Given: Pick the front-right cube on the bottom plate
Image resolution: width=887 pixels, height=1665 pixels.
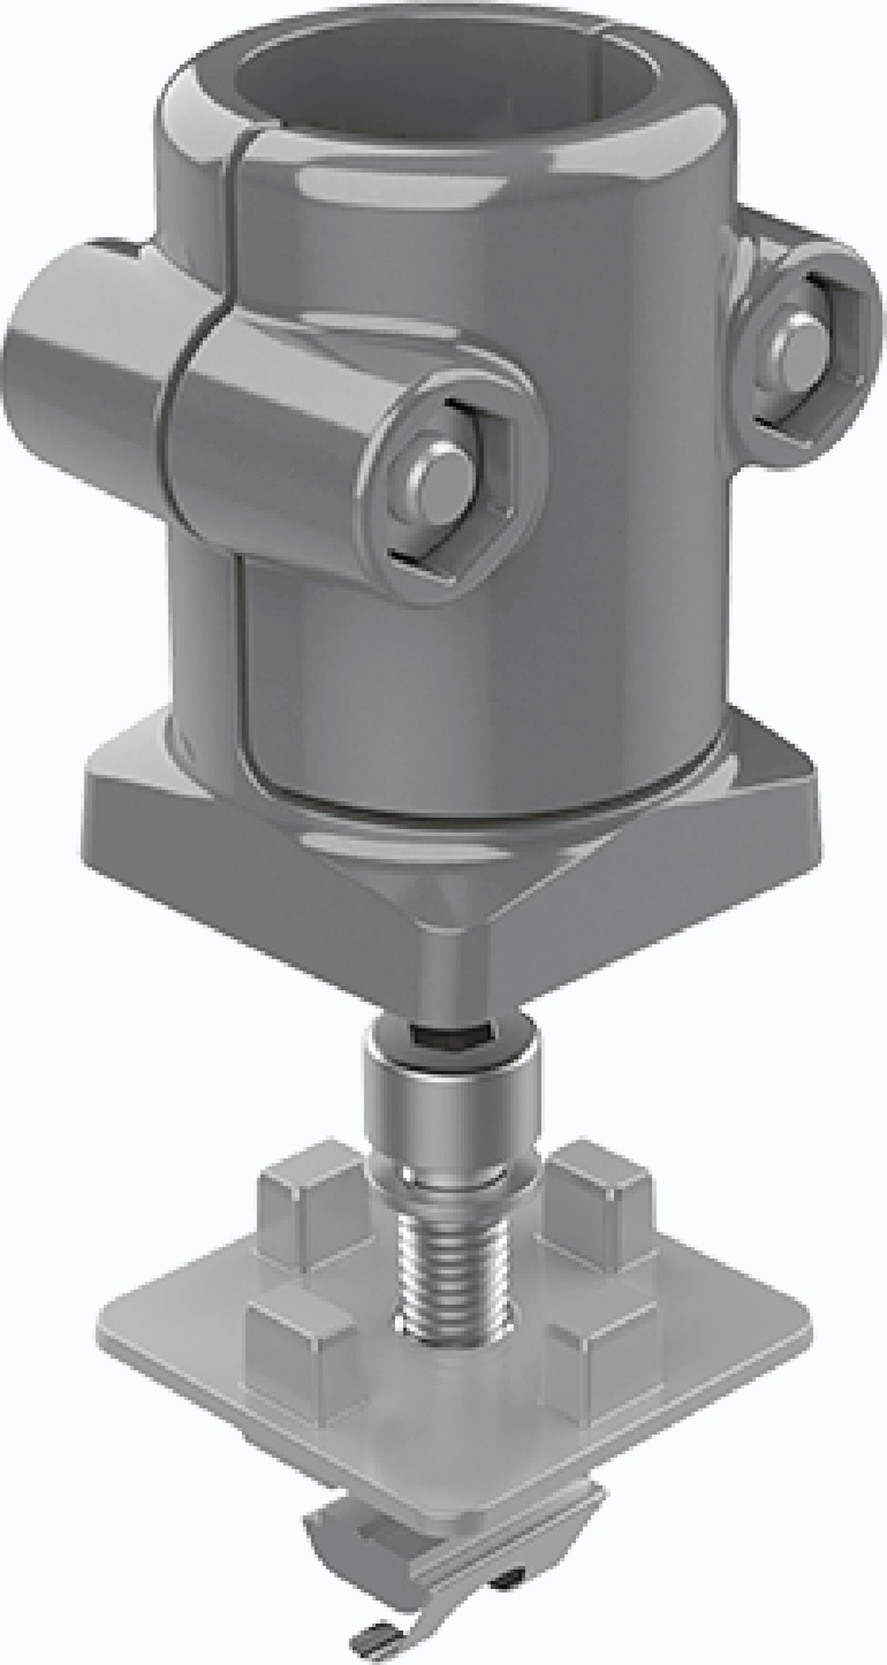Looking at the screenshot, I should point(601,1364).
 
